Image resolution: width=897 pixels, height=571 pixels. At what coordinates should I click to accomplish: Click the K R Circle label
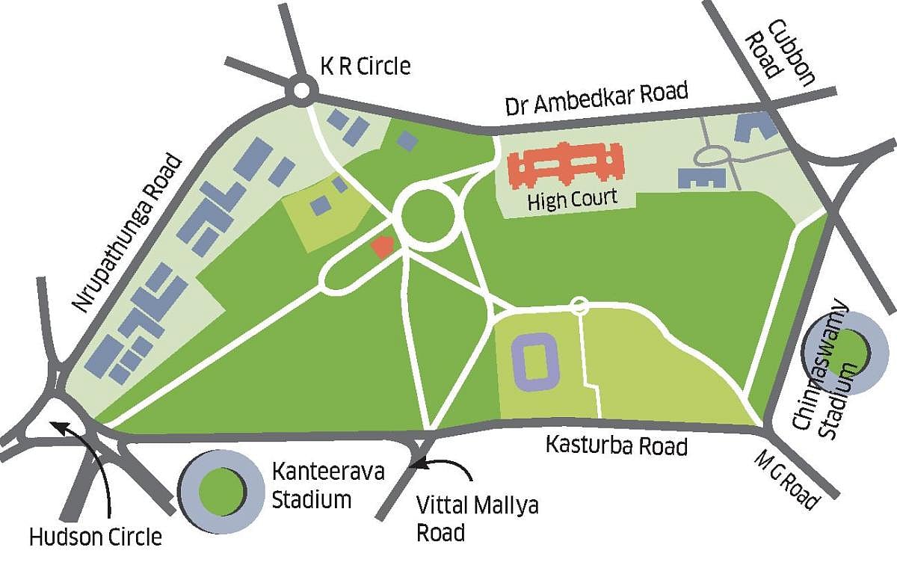click(x=366, y=67)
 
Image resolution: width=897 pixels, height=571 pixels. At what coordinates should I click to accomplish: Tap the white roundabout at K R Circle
click(x=301, y=91)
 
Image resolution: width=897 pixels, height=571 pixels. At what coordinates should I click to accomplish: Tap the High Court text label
click(x=573, y=200)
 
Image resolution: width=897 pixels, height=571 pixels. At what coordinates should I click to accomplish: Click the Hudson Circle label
click(x=95, y=537)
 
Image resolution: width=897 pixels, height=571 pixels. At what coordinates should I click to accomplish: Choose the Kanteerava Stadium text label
click(x=318, y=486)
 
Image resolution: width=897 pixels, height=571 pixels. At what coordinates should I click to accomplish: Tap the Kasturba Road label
click(x=617, y=445)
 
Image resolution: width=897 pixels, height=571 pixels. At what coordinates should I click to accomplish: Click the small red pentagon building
click(x=383, y=247)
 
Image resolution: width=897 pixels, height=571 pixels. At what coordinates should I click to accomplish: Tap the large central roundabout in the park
click(x=428, y=216)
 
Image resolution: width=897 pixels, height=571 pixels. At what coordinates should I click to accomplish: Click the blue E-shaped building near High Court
click(x=702, y=177)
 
